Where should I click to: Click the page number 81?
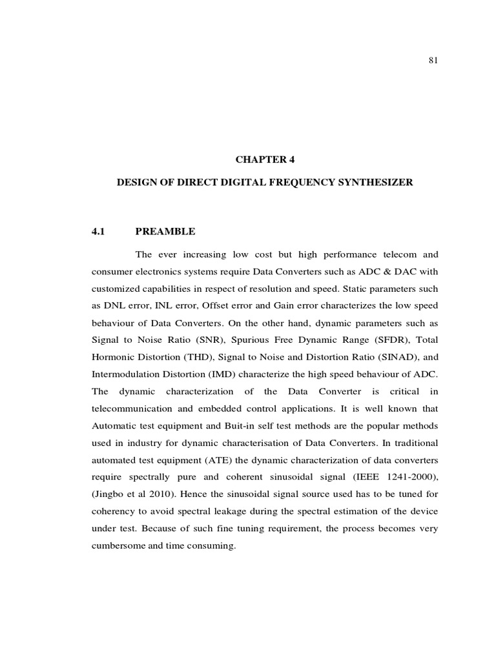coord(434,61)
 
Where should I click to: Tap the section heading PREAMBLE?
coord(165,230)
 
